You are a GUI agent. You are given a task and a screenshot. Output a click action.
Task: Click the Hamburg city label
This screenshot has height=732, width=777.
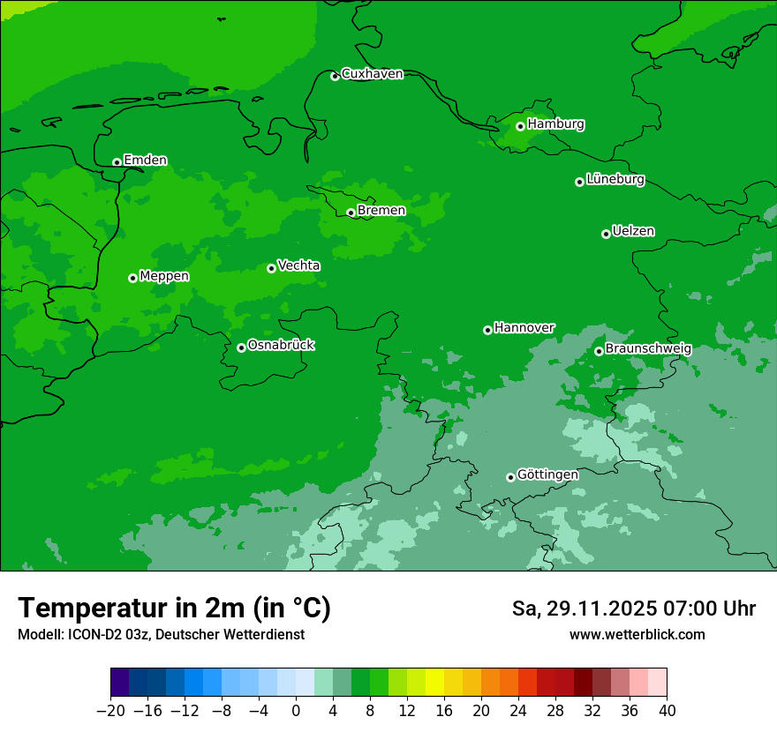(555, 124)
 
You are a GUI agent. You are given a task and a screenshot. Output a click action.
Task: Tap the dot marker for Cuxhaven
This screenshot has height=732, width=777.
(335, 76)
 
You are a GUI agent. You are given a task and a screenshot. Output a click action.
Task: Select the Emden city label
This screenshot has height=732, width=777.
(145, 161)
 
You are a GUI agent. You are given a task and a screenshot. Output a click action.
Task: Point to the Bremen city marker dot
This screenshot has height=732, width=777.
(351, 213)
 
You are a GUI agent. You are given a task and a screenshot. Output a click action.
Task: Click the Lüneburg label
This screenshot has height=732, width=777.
(615, 180)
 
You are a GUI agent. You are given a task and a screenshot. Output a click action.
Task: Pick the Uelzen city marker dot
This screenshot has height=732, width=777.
(606, 234)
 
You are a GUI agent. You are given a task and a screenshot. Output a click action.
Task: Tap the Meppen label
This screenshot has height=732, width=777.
(164, 276)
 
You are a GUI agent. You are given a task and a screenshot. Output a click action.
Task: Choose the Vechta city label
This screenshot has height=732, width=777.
(298, 265)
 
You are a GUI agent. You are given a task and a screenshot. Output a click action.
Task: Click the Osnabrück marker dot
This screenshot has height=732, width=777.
(241, 347)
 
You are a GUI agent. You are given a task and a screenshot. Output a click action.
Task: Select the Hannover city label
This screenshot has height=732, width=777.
(524, 328)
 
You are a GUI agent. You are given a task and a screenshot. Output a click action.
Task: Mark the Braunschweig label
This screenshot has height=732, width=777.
(648, 349)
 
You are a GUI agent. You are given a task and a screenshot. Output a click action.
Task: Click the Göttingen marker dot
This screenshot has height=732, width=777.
(510, 477)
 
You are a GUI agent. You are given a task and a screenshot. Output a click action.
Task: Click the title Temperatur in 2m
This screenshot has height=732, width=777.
(174, 608)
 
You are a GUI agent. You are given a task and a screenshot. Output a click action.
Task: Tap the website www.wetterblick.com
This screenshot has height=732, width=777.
(637, 634)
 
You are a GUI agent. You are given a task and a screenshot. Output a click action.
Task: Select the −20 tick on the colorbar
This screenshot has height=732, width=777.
(110, 711)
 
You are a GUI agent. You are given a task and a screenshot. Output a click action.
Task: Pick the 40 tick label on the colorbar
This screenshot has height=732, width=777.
(667, 711)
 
